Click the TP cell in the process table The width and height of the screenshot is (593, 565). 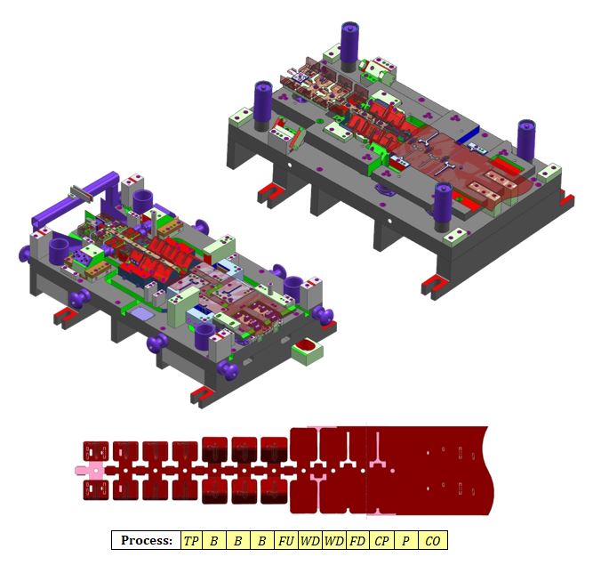point(192,540)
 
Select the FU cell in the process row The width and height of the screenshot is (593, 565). point(286,540)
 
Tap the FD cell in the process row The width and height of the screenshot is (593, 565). point(357,540)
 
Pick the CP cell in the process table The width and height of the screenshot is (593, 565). point(381,540)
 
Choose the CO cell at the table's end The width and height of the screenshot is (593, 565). point(433,540)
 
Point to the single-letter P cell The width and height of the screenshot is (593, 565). point(405,540)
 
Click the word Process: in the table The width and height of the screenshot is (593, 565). point(147,540)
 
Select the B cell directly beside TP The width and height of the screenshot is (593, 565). point(214,540)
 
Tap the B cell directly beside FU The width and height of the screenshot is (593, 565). point(261,540)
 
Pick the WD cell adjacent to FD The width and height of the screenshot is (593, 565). point(334,540)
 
